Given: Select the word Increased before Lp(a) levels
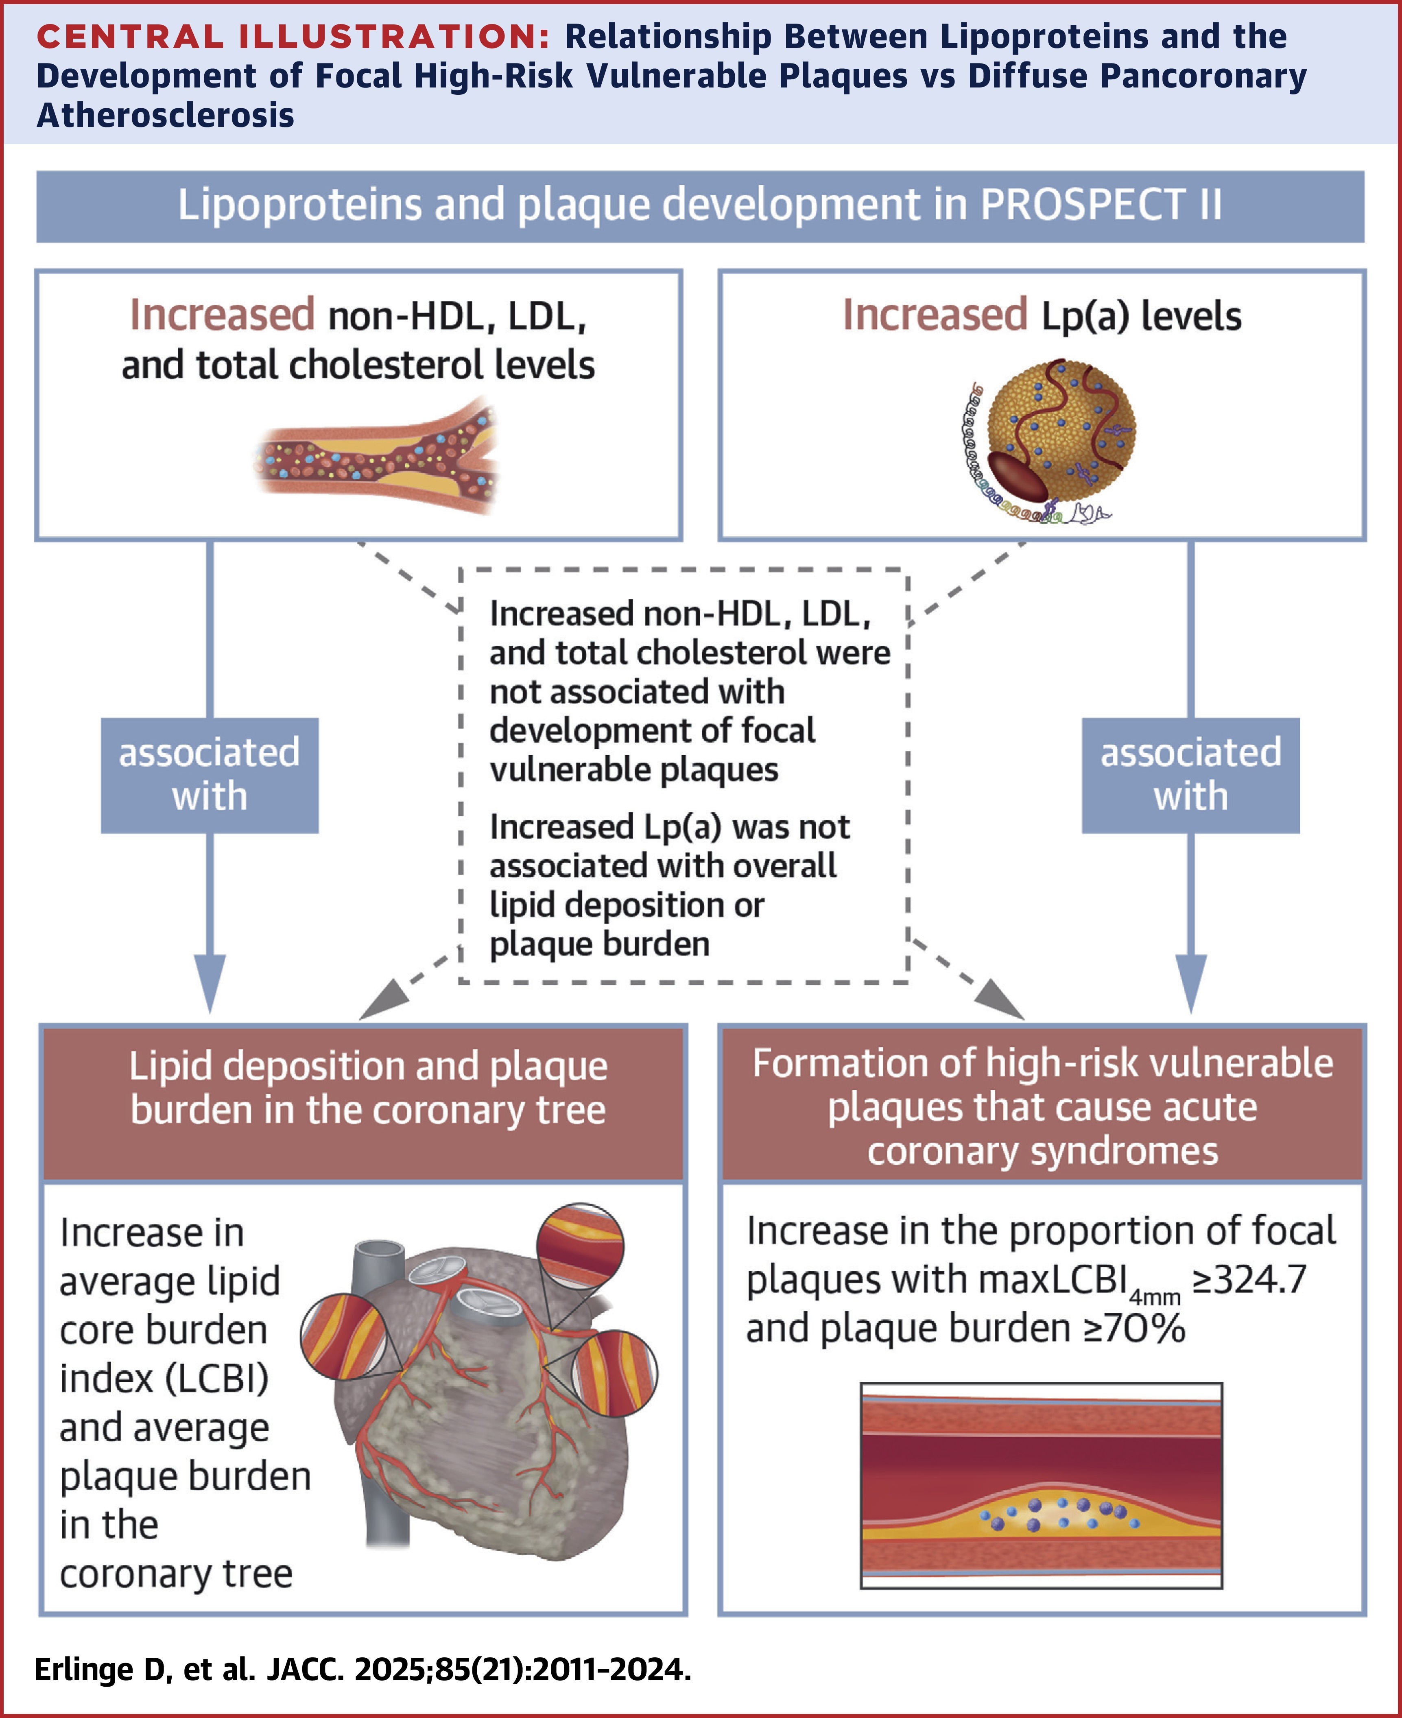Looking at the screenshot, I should tap(935, 315).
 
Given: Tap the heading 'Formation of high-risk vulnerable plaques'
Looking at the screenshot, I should tap(1042, 1106).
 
